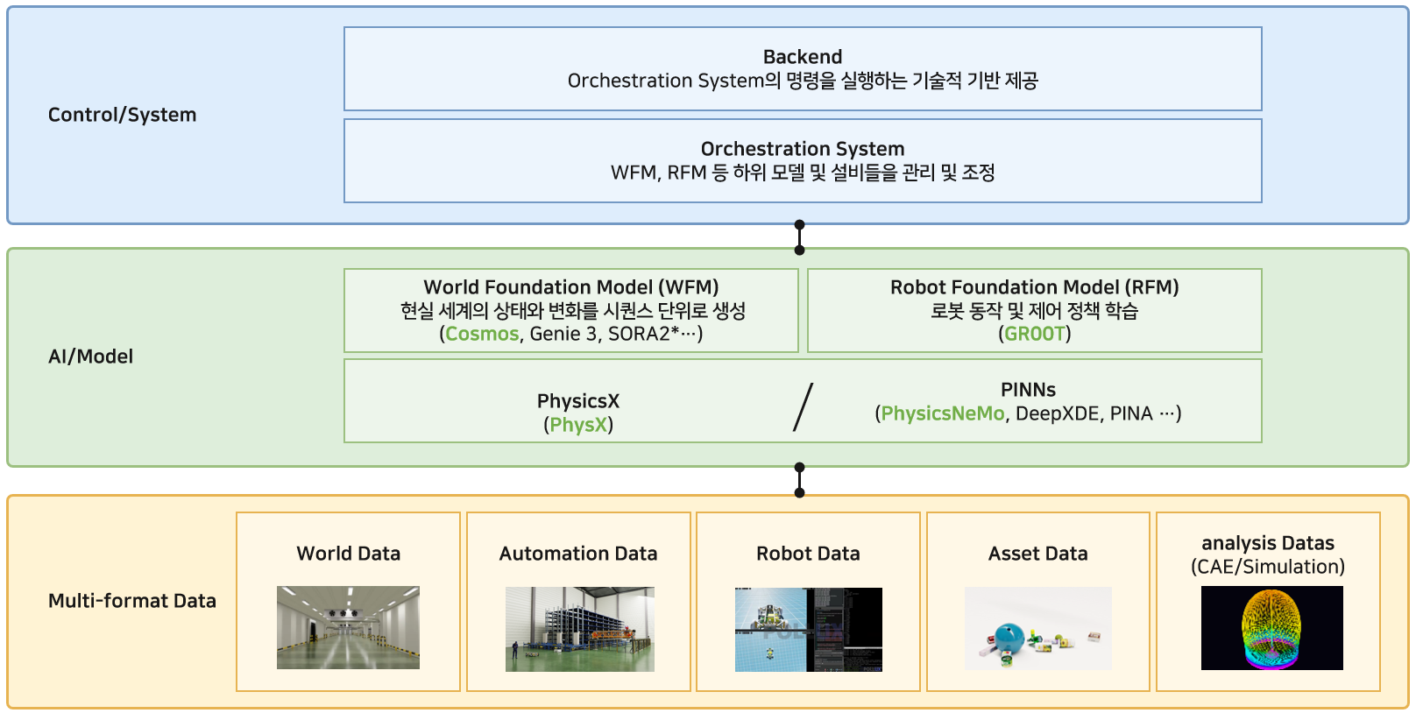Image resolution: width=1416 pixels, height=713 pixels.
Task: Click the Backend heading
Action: [x=802, y=57]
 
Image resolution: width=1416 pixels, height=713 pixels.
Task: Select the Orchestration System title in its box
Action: [x=802, y=149]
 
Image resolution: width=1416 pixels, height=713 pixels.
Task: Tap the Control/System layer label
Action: [x=122, y=115]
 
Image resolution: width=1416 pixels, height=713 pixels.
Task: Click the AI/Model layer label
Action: [x=90, y=356]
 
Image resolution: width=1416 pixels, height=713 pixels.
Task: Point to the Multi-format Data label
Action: [x=131, y=601]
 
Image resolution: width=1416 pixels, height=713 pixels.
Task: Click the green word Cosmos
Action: [x=482, y=334]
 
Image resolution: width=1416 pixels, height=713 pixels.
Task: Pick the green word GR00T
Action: [x=1034, y=334]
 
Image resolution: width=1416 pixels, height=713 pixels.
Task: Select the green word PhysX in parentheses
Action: [x=578, y=425]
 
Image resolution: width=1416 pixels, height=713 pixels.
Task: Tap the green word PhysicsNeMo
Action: [x=942, y=413]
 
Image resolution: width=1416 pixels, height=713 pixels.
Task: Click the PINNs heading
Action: [x=1028, y=390]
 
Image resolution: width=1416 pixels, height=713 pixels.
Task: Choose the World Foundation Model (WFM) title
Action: [x=571, y=287]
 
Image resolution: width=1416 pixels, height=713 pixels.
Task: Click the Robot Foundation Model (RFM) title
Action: [x=1034, y=287]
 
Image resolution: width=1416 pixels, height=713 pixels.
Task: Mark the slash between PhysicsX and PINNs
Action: [x=803, y=407]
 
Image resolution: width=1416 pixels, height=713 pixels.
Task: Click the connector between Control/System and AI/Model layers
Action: [x=799, y=237]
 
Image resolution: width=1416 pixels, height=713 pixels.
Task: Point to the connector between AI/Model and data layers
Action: [x=799, y=480]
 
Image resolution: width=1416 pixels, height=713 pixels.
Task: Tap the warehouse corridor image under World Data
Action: [x=348, y=627]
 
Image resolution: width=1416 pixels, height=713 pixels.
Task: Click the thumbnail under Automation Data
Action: [x=579, y=629]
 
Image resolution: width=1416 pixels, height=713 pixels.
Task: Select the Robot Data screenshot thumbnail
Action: [x=808, y=629]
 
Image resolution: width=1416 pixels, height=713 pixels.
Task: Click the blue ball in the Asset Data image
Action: [x=1010, y=638]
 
